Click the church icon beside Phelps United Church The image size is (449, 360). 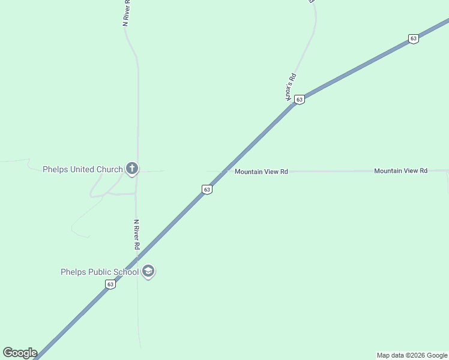[132, 169]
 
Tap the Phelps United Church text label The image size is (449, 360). [82, 169]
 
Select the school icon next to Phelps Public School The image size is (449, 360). [148, 272]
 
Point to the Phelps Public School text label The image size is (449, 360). [100, 272]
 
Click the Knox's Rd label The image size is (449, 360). [291, 86]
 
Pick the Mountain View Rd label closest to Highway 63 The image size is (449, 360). [261, 172]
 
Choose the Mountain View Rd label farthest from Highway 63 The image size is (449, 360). [400, 171]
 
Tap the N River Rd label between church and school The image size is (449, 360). [137, 235]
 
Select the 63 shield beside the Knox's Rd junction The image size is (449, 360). [300, 99]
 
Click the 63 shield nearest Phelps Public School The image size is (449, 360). [110, 284]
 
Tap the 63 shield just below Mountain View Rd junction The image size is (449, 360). [206, 190]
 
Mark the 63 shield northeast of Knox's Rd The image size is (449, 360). [413, 38]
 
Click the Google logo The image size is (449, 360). [20, 353]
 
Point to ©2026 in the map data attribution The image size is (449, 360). [412, 356]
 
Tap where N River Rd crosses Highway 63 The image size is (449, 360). [137, 259]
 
